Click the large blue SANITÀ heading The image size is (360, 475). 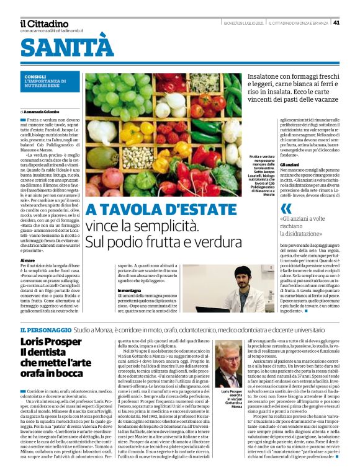(x=68, y=47)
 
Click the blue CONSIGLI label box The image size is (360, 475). (x=50, y=79)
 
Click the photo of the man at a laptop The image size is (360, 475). (x=227, y=289)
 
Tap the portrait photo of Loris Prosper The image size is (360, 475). (x=228, y=366)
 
